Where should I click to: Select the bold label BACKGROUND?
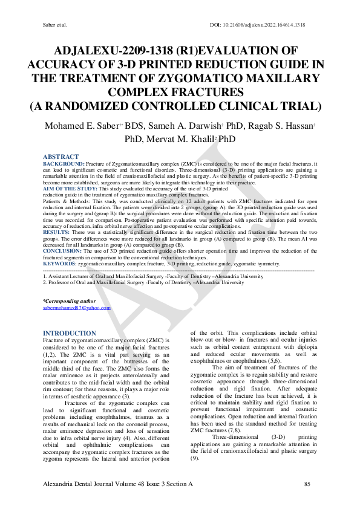click(x=64, y=164)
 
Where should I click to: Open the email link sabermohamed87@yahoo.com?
click(x=77, y=307)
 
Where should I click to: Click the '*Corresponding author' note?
click(x=69, y=300)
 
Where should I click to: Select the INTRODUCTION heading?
click(x=70, y=333)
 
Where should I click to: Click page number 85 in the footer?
click(x=307, y=484)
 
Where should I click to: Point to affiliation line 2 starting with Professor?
click(x=139, y=282)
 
